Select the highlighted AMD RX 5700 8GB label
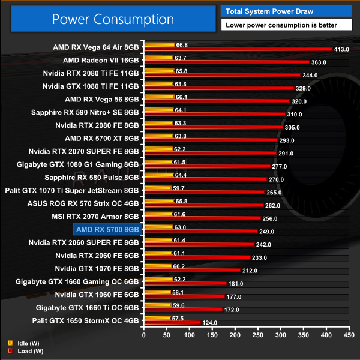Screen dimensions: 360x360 [x=107, y=229]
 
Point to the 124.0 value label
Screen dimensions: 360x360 [x=210, y=323]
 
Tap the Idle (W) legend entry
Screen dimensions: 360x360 [x=23, y=344]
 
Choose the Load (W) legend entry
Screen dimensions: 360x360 [x=24, y=350]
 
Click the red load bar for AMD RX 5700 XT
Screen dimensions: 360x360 [x=210, y=140]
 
